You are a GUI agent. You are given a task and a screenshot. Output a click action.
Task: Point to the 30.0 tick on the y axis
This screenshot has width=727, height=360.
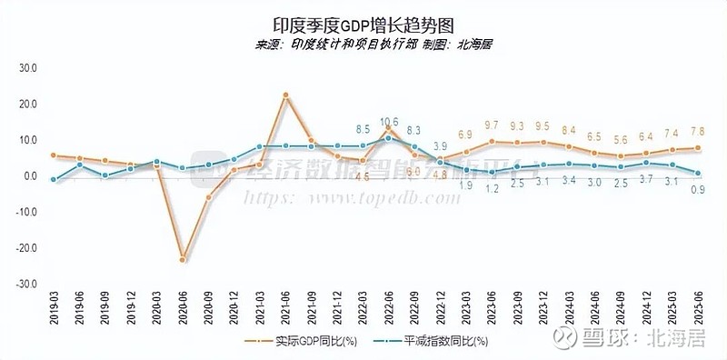click(x=26, y=68)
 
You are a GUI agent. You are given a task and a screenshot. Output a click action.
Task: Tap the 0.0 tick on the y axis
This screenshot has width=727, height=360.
click(x=27, y=176)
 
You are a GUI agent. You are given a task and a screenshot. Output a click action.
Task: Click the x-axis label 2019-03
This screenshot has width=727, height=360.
click(x=55, y=308)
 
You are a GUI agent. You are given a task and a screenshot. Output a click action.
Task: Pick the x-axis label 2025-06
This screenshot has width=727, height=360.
click(x=699, y=308)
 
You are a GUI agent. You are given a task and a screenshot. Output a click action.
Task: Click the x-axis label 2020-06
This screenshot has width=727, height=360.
click(x=184, y=308)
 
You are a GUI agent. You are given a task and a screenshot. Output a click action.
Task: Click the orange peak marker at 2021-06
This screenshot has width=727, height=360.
click(x=285, y=95)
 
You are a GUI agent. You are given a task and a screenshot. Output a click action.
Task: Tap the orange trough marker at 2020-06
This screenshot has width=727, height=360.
click(x=183, y=260)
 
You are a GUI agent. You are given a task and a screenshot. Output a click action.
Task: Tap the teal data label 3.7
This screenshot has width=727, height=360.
click(x=647, y=179)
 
